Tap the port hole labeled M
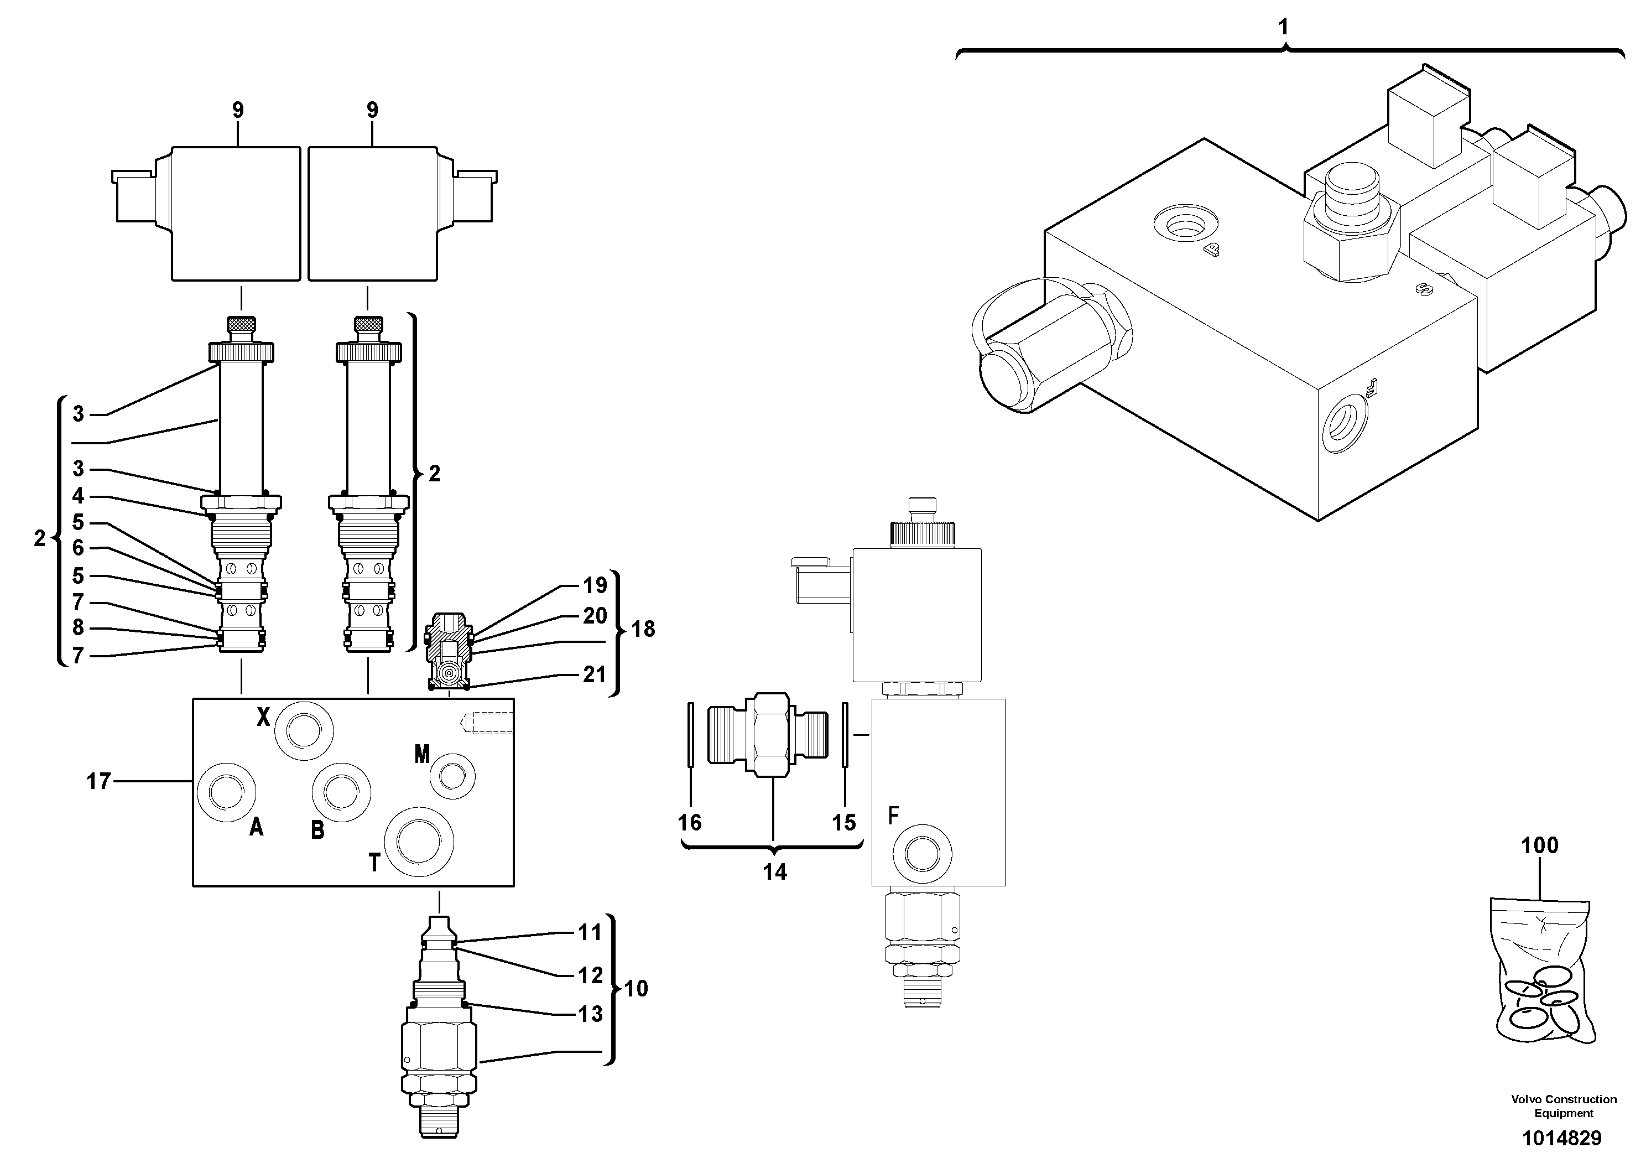[x=452, y=775]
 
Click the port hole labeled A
[x=226, y=792]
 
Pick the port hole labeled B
[x=341, y=792]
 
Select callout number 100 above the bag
[x=1540, y=845]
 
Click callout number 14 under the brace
[x=774, y=872]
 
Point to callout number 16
[x=690, y=822]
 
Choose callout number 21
[x=593, y=674]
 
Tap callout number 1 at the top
[x=1283, y=27]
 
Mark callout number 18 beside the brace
[x=643, y=629]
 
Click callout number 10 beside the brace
[x=636, y=989]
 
